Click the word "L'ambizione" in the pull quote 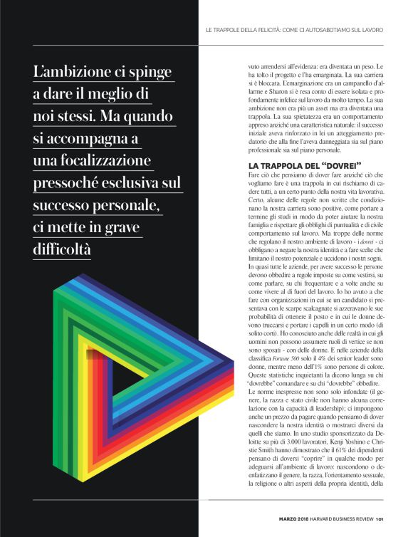coord(78,73)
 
